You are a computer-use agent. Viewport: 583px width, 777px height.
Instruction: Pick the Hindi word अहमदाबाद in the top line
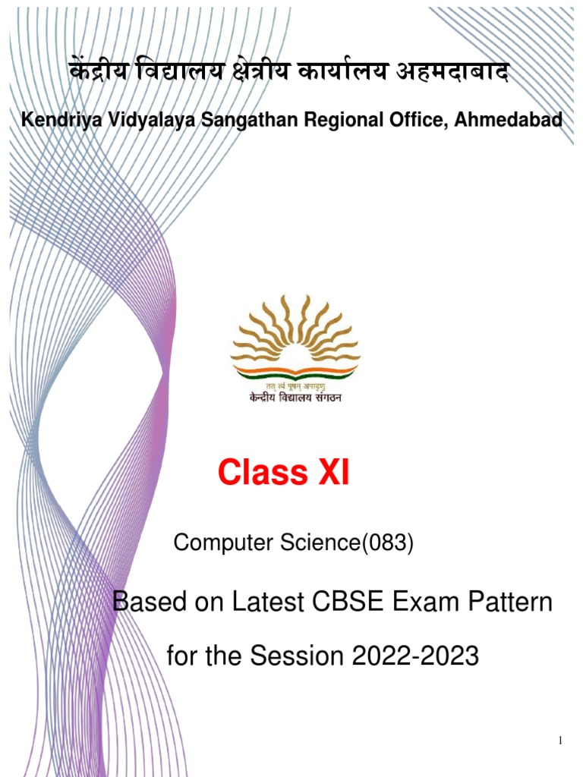[x=452, y=73]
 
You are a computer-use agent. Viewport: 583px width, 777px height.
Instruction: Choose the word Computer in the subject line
[x=224, y=543]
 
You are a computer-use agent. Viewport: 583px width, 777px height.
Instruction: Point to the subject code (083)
[x=387, y=543]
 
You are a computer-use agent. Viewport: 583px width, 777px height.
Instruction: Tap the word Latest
[x=268, y=602]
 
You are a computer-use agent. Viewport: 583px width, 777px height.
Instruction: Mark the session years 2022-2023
[x=415, y=656]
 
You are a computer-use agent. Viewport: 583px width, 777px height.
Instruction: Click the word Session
[x=297, y=656]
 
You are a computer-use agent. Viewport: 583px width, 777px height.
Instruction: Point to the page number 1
[x=561, y=741]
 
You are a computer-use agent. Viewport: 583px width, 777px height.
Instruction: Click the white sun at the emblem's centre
[x=295, y=355]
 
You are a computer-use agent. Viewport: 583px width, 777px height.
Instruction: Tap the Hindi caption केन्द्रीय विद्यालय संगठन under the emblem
[x=295, y=398]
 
